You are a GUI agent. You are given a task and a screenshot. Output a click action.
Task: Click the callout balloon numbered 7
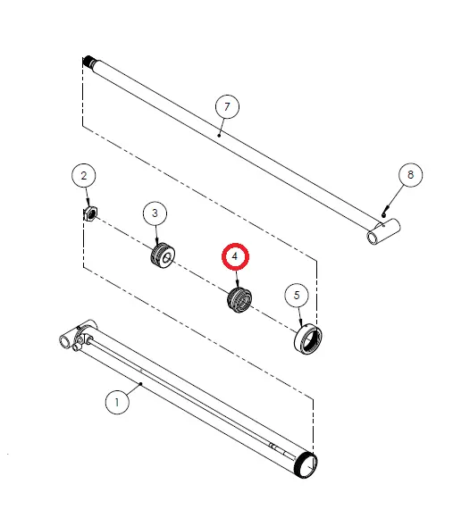(x=227, y=106)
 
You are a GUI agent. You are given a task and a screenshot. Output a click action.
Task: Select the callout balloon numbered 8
(x=410, y=175)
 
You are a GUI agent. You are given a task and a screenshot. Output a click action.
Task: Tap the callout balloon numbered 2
(x=84, y=175)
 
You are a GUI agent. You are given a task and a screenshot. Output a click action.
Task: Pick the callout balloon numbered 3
(x=155, y=213)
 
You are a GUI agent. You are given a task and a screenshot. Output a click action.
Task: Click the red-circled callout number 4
(x=235, y=256)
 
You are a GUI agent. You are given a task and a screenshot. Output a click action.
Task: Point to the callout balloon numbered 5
(x=297, y=295)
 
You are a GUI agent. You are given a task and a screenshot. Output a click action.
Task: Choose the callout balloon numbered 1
(x=117, y=403)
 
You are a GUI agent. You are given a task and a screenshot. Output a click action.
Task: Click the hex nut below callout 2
(x=90, y=213)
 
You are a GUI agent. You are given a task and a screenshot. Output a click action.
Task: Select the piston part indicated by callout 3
(x=163, y=255)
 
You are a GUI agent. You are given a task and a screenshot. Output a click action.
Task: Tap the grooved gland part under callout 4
(x=239, y=300)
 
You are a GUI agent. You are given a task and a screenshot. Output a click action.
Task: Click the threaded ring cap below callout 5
(x=308, y=339)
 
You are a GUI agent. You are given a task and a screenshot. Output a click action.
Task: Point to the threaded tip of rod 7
(x=89, y=61)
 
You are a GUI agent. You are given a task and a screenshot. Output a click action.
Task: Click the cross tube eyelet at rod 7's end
(x=384, y=231)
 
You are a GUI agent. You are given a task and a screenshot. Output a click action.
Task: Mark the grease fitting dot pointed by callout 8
(x=383, y=215)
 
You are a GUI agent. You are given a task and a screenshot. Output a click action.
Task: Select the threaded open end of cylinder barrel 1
(x=306, y=464)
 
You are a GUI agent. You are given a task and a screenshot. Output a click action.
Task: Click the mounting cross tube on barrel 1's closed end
(x=68, y=337)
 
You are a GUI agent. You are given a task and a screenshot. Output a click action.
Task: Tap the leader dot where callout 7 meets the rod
(x=219, y=136)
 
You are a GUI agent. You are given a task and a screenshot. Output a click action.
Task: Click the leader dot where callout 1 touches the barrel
(x=141, y=384)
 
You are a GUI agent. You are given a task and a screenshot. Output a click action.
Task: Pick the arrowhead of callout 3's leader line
(x=156, y=243)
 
